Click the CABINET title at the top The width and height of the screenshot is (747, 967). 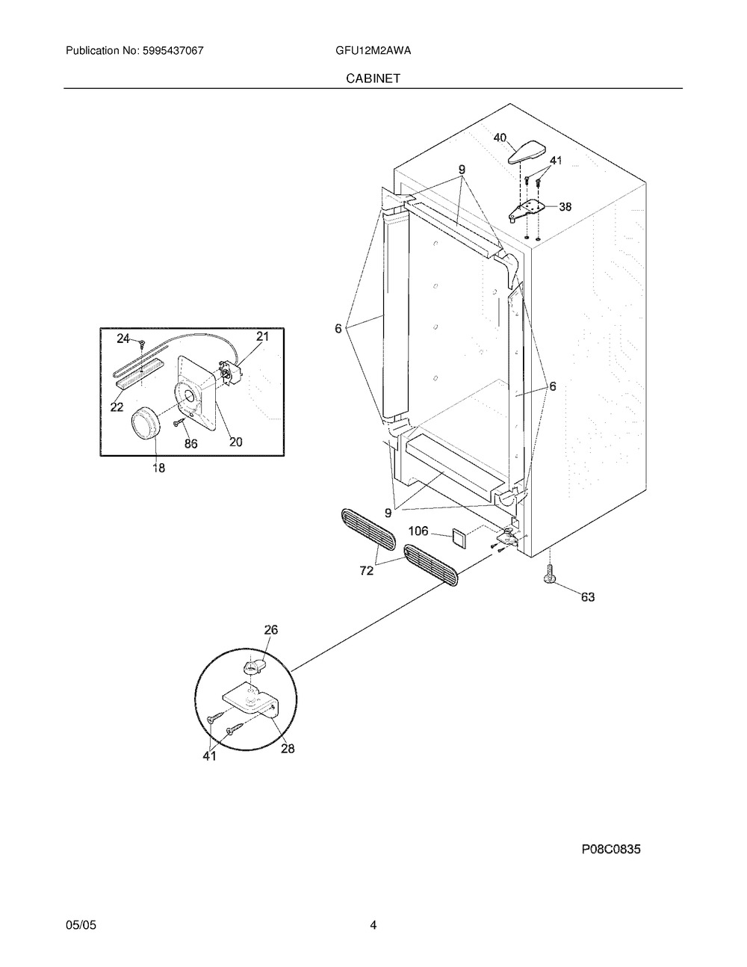[373, 78]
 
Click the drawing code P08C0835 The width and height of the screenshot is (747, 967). [611, 849]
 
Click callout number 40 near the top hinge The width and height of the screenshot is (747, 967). [500, 138]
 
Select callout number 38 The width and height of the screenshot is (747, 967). [565, 207]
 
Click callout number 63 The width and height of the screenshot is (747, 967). [588, 596]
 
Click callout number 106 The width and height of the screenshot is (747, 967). [418, 531]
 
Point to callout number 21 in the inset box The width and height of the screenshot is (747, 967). [261, 336]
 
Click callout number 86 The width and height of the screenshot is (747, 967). [190, 443]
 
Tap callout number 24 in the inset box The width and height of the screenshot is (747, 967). [123, 339]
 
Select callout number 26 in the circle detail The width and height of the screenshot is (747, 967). [270, 630]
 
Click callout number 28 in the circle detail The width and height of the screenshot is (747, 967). [288, 748]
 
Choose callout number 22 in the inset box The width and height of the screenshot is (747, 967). [117, 406]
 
